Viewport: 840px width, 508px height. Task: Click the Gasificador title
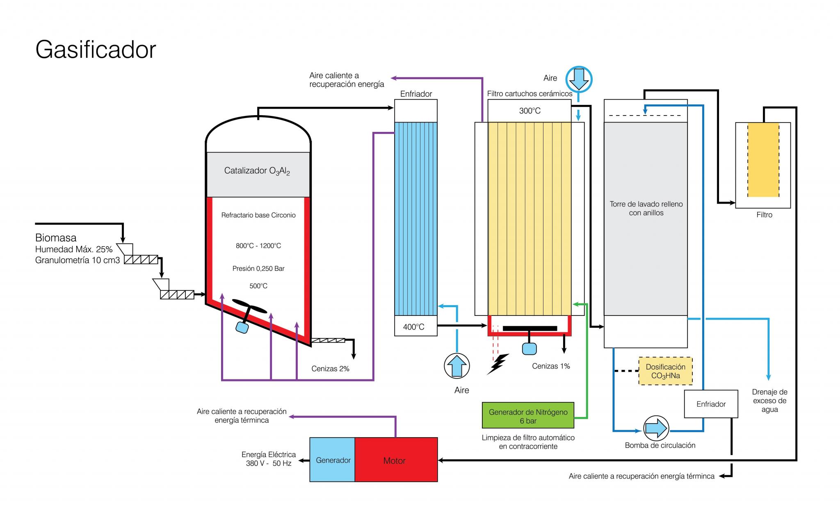96,50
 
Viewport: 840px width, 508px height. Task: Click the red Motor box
396,459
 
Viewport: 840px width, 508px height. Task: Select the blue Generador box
332,459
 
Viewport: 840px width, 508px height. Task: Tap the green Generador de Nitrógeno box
528,415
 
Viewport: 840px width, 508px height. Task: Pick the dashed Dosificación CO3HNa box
665,371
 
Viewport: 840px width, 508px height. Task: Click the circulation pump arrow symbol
656,428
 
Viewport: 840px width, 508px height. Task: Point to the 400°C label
413,327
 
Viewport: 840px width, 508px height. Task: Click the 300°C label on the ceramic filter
530,111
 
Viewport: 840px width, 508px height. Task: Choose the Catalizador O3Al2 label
257,171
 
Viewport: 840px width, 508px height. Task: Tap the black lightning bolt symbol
498,364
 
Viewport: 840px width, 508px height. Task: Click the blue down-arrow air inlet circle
579,79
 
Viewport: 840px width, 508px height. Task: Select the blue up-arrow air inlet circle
457,366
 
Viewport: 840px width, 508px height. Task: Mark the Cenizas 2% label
330,369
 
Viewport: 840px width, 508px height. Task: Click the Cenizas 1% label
551,366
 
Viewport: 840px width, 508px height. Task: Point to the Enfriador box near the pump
711,404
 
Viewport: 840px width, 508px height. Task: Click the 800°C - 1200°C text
258,246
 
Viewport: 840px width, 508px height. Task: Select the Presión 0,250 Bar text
258,269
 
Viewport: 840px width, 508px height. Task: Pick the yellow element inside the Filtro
763,160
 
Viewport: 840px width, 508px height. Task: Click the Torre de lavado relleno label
646,204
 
